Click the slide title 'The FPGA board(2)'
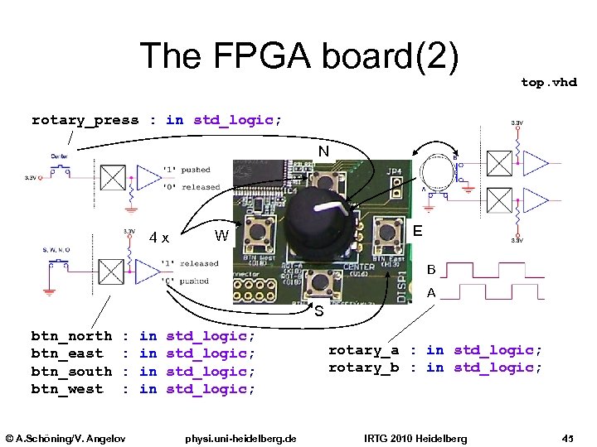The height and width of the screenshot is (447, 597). (x=298, y=56)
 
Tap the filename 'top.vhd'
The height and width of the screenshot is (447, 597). (x=548, y=82)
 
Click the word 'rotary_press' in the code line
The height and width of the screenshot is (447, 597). (x=85, y=120)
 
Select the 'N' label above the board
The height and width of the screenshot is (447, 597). (x=324, y=151)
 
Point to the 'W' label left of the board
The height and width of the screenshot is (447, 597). (x=221, y=236)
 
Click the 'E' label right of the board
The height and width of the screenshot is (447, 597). (x=419, y=233)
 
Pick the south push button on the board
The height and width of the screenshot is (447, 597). (x=319, y=283)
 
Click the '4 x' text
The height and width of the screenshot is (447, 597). (x=159, y=238)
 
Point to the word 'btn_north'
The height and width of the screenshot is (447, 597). (x=71, y=336)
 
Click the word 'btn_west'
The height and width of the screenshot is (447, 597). (x=67, y=389)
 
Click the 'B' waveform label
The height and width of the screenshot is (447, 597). (x=431, y=270)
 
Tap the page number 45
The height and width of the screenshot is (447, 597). (x=568, y=437)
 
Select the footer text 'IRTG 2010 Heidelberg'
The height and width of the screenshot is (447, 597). (x=416, y=437)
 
